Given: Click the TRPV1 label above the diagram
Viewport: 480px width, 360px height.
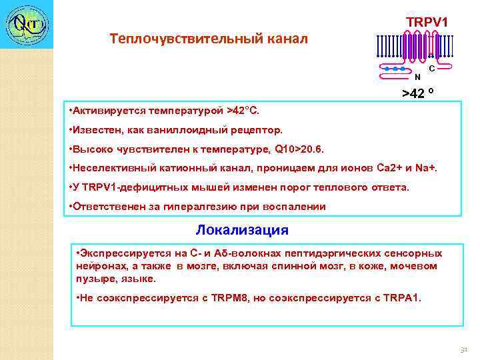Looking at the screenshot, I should [427, 23].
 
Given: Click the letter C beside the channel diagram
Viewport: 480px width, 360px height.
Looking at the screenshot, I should [432, 69].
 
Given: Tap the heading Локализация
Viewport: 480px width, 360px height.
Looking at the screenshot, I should [242, 231].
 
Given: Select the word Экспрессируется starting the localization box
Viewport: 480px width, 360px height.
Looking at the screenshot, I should [122, 254].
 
